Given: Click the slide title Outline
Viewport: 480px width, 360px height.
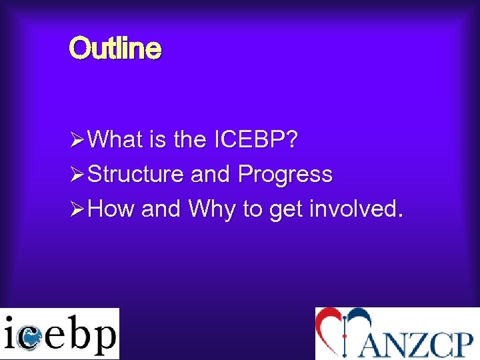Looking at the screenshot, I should pos(115,49).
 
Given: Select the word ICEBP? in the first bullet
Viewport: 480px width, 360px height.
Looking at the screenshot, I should pos(256,140).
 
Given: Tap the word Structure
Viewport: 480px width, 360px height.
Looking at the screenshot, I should pos(135,175).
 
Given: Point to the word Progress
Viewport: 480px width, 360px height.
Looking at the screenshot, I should pos(285,175).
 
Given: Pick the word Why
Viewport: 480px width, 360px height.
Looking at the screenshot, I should pos(212,209).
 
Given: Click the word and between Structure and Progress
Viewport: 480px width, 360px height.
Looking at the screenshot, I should pos(210,175).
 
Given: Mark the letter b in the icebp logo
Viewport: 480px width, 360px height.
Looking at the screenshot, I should pos(77,333).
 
